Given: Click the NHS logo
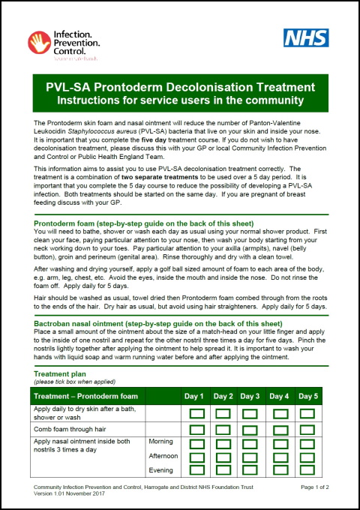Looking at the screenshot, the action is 306,38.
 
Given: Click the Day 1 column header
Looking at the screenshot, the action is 194,396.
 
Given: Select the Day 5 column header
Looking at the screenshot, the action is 308,396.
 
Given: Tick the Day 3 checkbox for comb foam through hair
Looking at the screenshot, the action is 251,430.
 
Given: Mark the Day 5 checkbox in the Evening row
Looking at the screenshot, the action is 308,470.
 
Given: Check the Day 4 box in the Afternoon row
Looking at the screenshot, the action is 280,456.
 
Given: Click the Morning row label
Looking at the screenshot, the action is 162,442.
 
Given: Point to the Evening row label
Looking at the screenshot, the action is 161,470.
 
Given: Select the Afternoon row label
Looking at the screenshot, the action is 163,456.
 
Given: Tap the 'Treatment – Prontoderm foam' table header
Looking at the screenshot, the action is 86,396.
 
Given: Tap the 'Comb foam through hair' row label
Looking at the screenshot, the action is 73,430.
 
